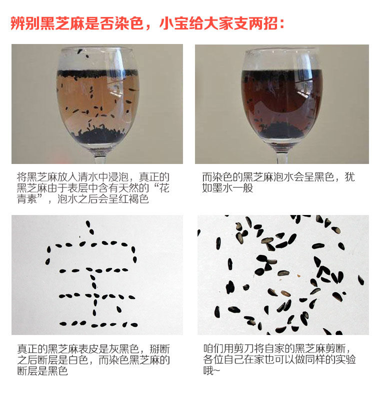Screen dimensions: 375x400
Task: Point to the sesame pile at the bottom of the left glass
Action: pyautogui.click(x=98, y=135)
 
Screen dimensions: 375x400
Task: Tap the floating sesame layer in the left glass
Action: pyautogui.click(x=97, y=73)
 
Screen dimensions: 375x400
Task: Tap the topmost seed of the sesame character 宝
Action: pyautogui.click(x=88, y=224)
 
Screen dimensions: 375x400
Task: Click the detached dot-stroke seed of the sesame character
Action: pyautogui.click(x=119, y=309)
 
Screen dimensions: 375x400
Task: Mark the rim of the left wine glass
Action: pyautogui.click(x=97, y=48)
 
